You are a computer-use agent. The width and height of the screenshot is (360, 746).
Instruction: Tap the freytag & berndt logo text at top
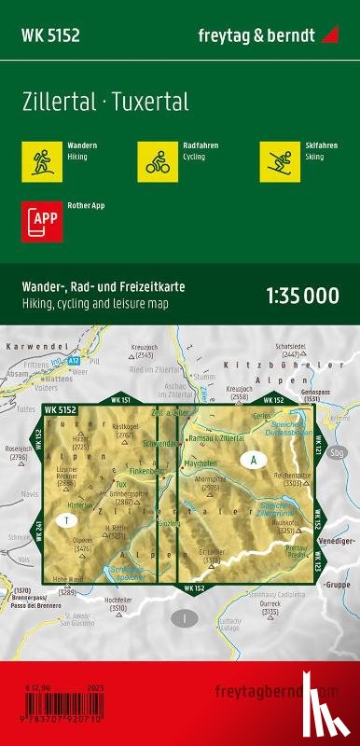260,35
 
